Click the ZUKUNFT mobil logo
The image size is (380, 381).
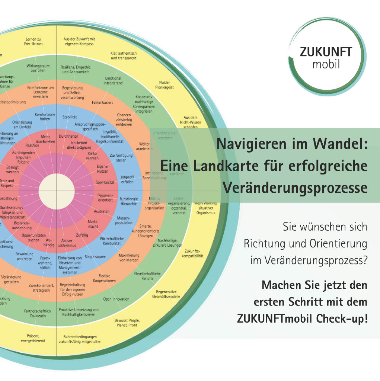point(326,58)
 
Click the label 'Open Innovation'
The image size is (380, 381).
point(116,299)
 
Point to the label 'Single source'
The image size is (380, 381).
point(95,257)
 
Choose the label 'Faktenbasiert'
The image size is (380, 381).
point(102,102)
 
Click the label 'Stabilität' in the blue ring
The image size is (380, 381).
point(69,117)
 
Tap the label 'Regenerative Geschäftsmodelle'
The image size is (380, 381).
point(166,294)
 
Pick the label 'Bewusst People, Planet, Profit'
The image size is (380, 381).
point(126,322)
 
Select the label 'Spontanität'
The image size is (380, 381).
point(105,182)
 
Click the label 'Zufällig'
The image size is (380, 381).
point(82,236)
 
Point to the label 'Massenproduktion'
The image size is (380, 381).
point(124,220)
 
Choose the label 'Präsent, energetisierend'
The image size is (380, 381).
point(33,338)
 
